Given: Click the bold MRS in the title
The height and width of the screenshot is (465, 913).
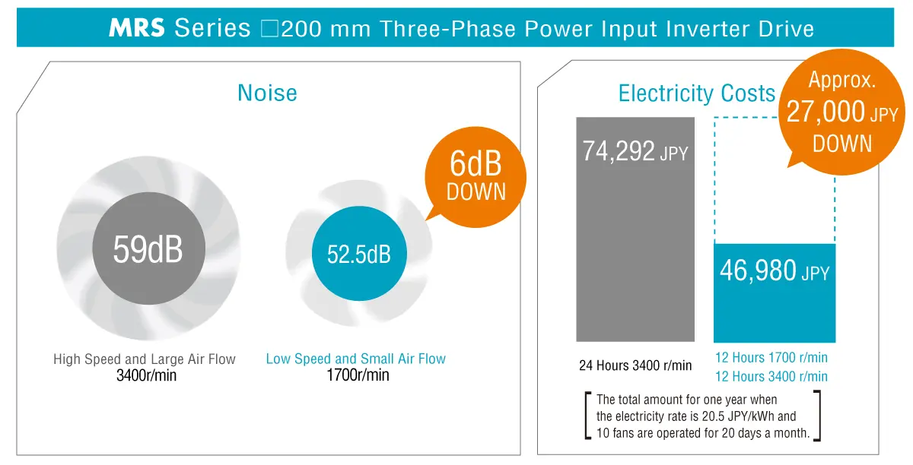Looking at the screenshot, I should click(137, 29).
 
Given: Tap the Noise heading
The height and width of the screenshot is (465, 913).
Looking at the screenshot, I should click(267, 93).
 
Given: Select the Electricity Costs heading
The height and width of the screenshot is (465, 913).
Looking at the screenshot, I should click(696, 93).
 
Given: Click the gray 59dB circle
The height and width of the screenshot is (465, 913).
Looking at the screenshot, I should click(148, 249).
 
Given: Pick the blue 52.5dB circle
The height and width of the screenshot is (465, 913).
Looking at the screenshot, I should click(358, 254).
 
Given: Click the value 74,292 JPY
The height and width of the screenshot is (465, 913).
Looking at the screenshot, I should click(635, 151).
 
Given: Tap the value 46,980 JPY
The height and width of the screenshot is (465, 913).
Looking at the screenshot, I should click(774, 271).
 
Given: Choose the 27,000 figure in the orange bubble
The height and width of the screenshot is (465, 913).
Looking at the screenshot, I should click(826, 113).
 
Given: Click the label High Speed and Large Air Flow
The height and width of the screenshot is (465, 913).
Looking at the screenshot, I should click(145, 359).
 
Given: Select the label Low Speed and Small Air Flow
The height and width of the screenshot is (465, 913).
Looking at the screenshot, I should click(356, 359).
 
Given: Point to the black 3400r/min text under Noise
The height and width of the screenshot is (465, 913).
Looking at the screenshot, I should click(145, 375).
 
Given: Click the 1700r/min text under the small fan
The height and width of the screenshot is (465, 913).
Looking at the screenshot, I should click(357, 375).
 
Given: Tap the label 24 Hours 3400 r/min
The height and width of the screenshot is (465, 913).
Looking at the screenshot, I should click(635, 365).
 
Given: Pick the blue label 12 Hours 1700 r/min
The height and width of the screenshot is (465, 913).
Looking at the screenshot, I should click(771, 357).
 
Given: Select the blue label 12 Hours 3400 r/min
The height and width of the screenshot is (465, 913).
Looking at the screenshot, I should click(771, 376).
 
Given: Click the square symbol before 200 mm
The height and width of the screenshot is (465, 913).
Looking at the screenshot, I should click(271, 30).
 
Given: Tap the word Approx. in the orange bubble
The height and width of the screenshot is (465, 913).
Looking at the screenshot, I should click(842, 80).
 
